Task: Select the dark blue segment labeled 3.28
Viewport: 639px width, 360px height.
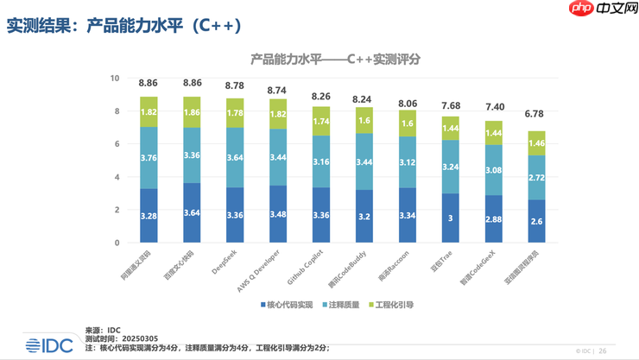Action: point(149,215)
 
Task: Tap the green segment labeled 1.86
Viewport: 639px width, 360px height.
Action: point(193,112)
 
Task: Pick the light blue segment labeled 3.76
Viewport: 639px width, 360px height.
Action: point(149,157)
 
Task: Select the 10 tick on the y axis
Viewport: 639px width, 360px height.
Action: point(114,79)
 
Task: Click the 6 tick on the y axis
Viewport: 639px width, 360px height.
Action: point(117,144)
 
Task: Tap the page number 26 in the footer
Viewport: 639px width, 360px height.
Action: point(603,351)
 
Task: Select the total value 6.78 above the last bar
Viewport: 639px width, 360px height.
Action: point(535,114)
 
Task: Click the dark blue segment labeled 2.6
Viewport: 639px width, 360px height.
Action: point(535,222)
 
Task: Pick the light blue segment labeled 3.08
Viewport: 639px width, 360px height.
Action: point(492,170)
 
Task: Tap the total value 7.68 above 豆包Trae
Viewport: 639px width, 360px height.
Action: point(449,105)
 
